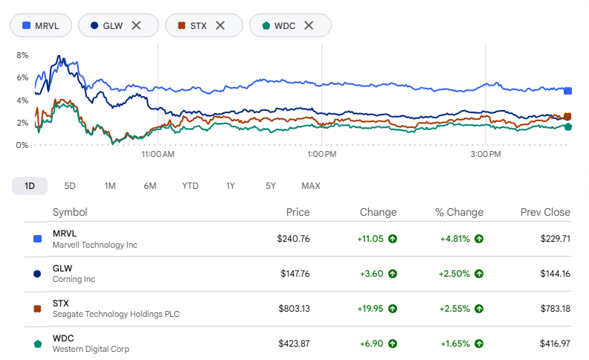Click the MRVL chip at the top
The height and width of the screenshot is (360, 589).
[x=41, y=25]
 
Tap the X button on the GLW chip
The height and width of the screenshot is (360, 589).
[x=136, y=25]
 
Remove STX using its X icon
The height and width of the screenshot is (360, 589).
[x=220, y=25]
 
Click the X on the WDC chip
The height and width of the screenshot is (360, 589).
[x=309, y=25]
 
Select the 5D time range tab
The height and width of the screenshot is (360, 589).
[x=70, y=186]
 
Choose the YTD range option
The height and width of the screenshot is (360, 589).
[x=190, y=186]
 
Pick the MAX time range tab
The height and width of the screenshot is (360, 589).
[x=311, y=186]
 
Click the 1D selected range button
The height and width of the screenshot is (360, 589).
[x=30, y=186]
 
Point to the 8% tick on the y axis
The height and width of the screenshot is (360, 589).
[x=22, y=55]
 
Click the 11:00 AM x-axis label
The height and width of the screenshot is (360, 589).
[x=158, y=154]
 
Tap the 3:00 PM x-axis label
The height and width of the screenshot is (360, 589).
[x=486, y=154]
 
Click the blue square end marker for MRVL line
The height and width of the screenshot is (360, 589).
[x=567, y=91]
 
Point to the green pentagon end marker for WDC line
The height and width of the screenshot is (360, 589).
[x=568, y=126]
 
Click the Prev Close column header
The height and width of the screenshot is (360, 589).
[x=545, y=212]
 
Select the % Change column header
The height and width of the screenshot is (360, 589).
[x=459, y=212]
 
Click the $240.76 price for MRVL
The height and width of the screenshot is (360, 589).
[x=293, y=239]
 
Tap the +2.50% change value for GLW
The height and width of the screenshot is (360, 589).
[x=454, y=274]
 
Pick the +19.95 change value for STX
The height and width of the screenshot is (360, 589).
[x=370, y=309]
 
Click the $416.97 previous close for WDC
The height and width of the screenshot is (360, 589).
[x=555, y=344]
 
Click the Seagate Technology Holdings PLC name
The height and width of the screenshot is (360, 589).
[x=116, y=314]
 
